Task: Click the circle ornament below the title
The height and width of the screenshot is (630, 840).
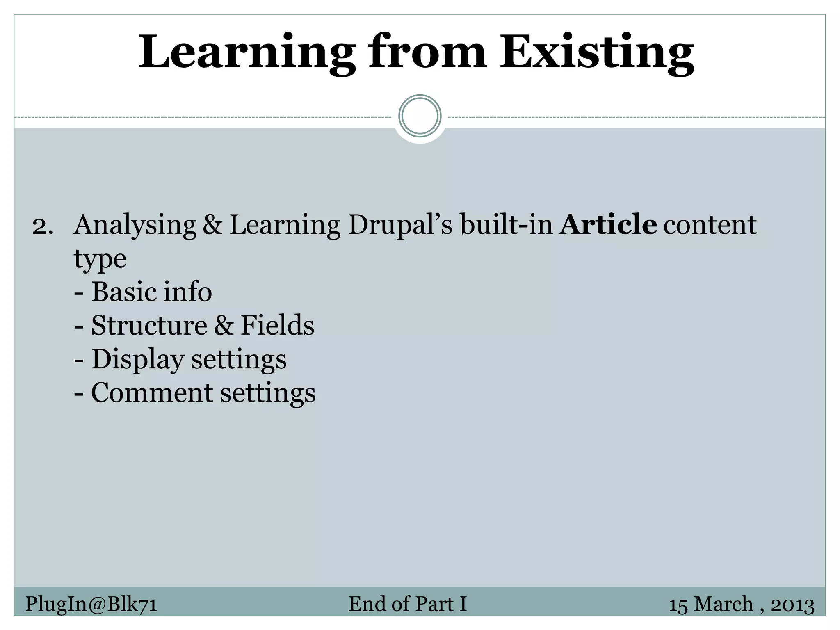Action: tap(420, 116)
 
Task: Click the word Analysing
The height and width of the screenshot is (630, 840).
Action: tap(135, 226)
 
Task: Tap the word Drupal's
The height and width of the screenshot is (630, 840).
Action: tap(400, 226)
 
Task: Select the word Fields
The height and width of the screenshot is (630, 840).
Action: tap(277, 326)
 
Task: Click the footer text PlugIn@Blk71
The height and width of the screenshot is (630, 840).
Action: tap(91, 604)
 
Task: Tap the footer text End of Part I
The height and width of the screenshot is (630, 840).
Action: tap(408, 604)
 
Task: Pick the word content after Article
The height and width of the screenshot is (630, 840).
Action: tap(710, 226)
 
